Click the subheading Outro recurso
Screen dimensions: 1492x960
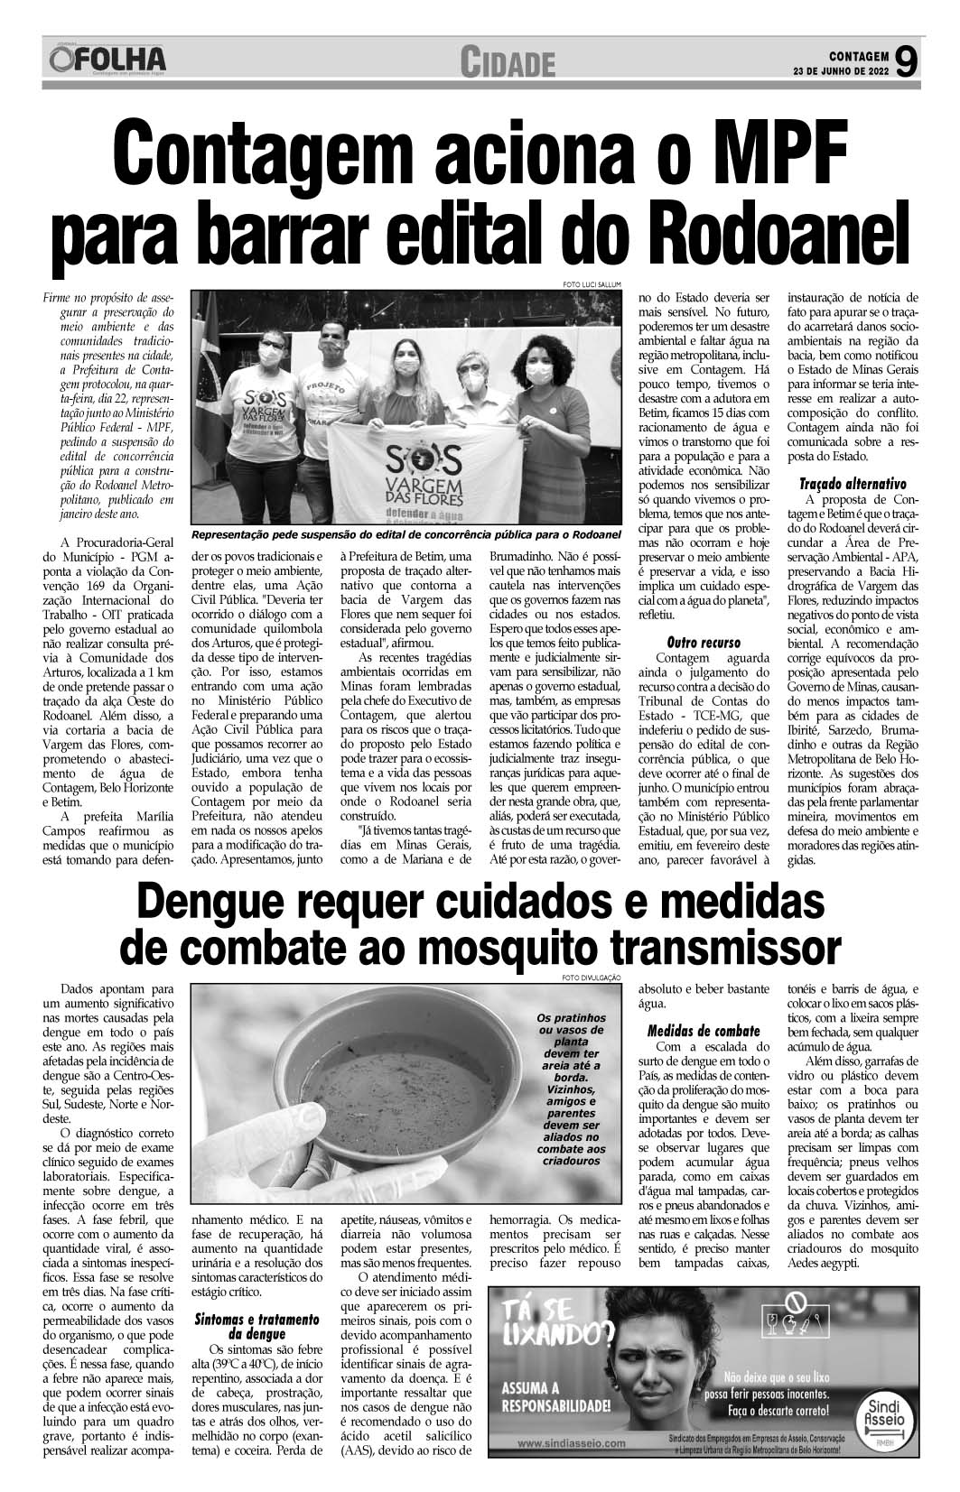click(x=703, y=642)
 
